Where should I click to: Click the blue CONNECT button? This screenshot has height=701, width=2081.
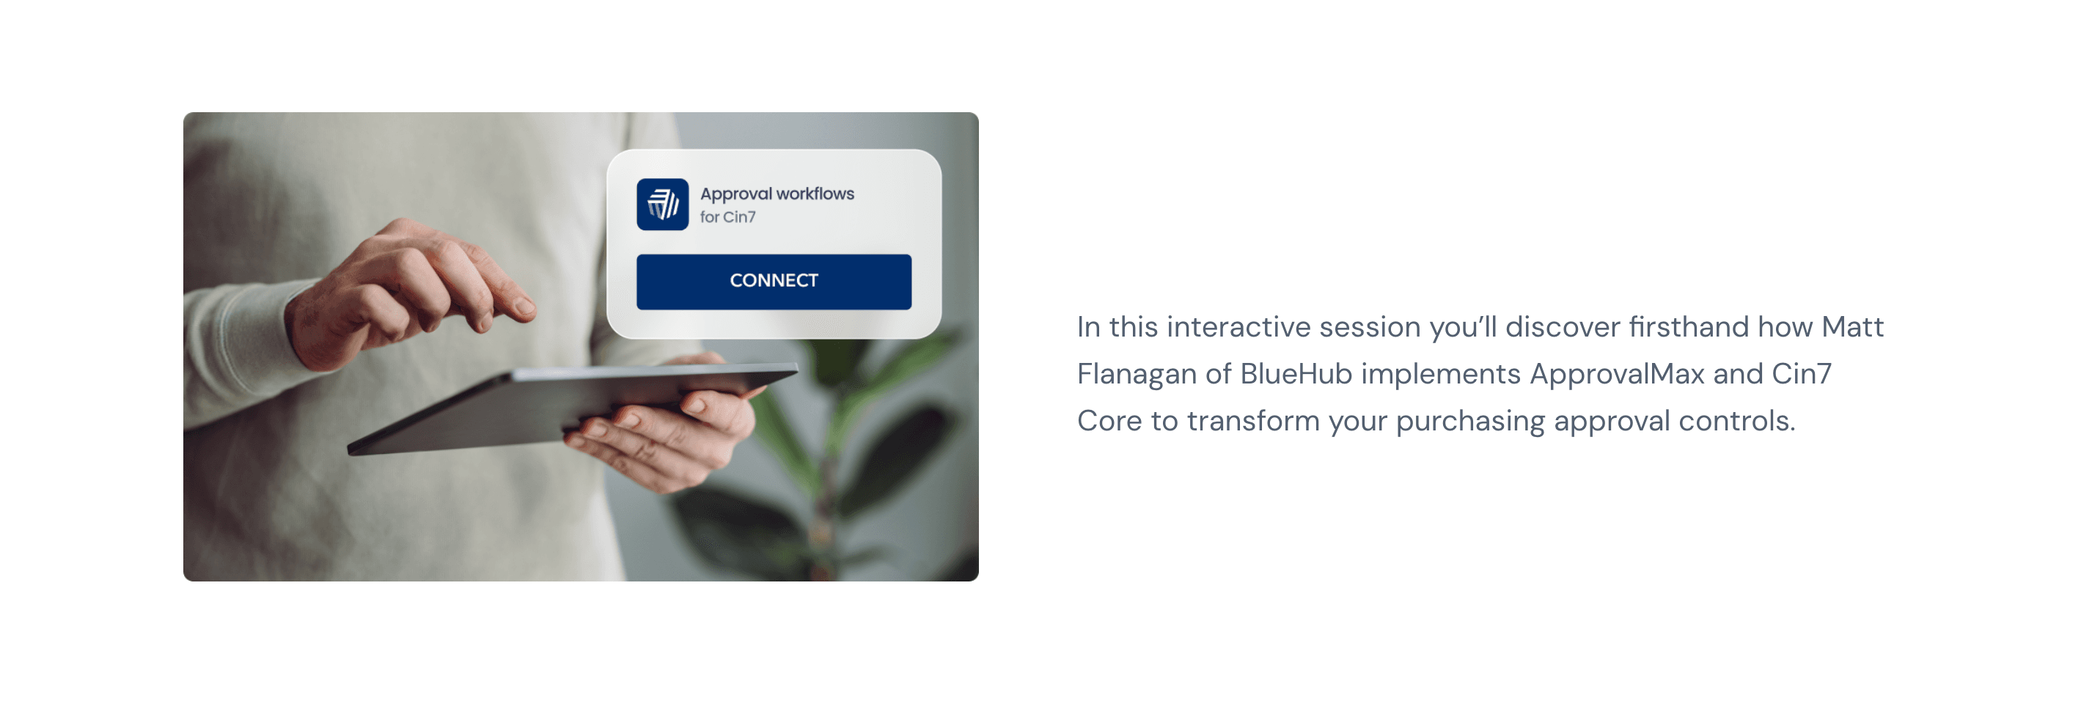[x=773, y=281]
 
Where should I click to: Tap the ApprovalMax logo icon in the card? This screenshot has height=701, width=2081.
[x=662, y=205]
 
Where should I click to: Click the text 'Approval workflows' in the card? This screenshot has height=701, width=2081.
[x=777, y=194]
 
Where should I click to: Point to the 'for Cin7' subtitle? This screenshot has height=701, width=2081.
[x=728, y=217]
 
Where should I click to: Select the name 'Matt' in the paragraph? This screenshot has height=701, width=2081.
[x=1852, y=327]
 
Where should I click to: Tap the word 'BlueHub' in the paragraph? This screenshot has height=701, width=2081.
[x=1296, y=374]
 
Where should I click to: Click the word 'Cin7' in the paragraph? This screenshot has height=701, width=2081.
[x=1802, y=374]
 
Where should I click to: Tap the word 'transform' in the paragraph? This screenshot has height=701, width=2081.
[x=1253, y=422]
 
